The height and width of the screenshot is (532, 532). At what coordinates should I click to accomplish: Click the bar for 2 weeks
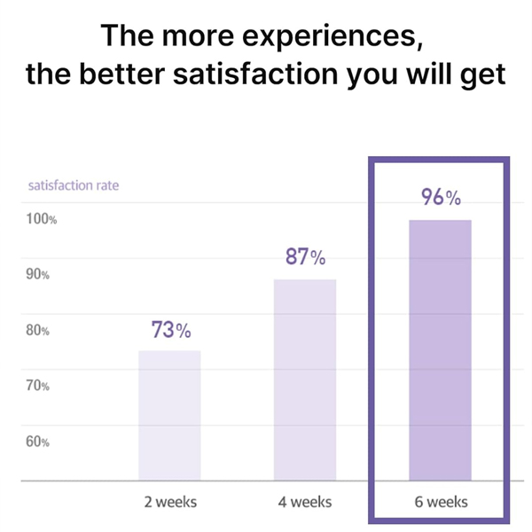pos(169,415)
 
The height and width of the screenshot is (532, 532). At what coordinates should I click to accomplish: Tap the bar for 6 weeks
pos(440,350)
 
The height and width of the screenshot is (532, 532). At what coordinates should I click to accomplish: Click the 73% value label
pos(171,331)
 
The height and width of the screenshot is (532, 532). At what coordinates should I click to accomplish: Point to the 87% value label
pos(305,258)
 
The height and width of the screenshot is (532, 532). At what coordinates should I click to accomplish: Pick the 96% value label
pos(441,198)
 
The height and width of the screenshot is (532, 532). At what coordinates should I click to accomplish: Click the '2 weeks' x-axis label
pos(170,502)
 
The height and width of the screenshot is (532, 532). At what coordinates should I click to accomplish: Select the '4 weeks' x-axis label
pos(305,502)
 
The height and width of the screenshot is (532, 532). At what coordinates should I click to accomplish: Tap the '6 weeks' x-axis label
pos(441,502)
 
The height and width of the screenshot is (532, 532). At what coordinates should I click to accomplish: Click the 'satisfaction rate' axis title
pos(74,186)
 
